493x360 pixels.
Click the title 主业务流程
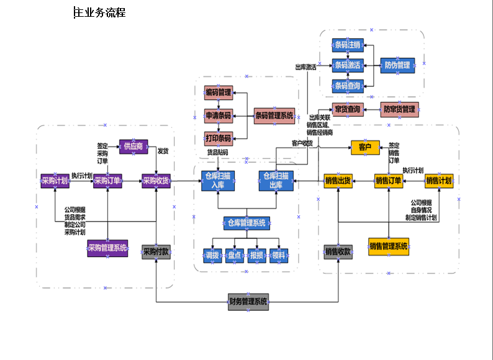coord(100,12)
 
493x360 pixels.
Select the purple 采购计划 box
coord(55,181)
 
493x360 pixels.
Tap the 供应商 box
coord(133,146)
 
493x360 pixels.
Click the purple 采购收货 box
coord(155,181)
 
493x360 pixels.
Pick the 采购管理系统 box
coord(107,249)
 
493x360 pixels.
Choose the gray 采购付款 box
coord(155,252)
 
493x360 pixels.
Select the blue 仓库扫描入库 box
coord(218,181)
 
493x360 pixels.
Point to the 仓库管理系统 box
coord(246,223)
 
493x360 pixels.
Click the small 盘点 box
coord(234,255)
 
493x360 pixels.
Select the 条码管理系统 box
coord(274,115)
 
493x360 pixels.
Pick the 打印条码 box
coord(218,138)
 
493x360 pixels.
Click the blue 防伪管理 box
coord(397,65)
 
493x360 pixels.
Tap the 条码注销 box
coord(347,45)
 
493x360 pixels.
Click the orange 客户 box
coord(365,147)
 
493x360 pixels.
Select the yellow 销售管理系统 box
coord(389,246)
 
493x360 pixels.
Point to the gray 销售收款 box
coord(338,252)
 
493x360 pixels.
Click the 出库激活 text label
coord(305,67)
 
